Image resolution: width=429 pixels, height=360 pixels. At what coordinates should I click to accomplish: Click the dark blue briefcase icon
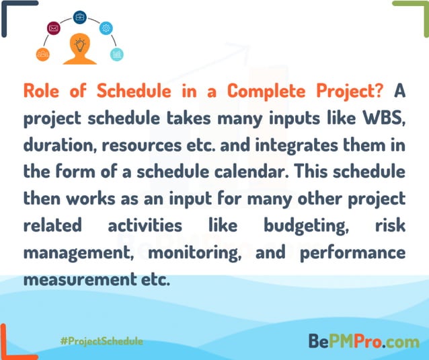click(x=80, y=17)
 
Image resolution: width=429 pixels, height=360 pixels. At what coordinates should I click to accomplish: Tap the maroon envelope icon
click(x=53, y=28)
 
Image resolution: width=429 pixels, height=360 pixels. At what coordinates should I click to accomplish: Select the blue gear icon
click(x=106, y=28)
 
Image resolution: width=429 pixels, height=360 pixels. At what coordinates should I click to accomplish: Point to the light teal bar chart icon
click(x=117, y=54)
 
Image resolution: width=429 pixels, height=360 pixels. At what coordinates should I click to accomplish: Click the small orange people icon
click(x=42, y=54)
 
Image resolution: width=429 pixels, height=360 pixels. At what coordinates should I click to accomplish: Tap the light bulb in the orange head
click(x=79, y=45)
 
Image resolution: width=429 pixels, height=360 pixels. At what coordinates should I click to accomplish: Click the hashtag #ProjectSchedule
click(x=101, y=341)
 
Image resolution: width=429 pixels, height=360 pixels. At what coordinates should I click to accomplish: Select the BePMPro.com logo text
click(x=364, y=341)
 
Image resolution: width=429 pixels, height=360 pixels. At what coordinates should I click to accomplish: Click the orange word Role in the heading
click(x=42, y=92)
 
